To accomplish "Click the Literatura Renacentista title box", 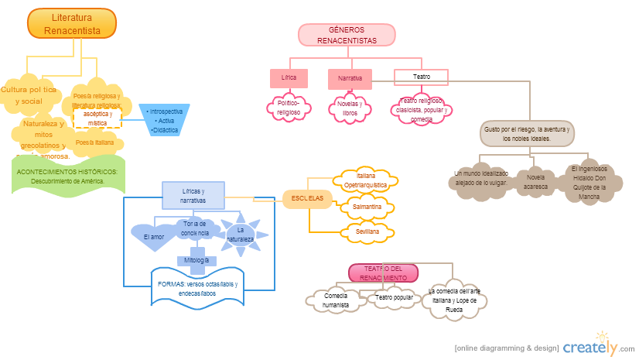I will click(x=71, y=22).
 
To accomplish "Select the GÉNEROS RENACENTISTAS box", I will click(x=347, y=35).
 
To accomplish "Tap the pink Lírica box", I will click(x=289, y=78).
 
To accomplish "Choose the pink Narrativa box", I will click(x=350, y=79).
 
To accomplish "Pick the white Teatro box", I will click(x=422, y=77).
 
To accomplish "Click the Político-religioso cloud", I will click(x=289, y=108).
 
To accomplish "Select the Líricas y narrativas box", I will click(x=193, y=195).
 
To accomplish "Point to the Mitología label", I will click(x=196, y=261).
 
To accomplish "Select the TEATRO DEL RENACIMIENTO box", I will click(x=384, y=273).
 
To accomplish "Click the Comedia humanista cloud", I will click(x=336, y=300).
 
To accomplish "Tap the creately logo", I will click(x=598, y=347).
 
